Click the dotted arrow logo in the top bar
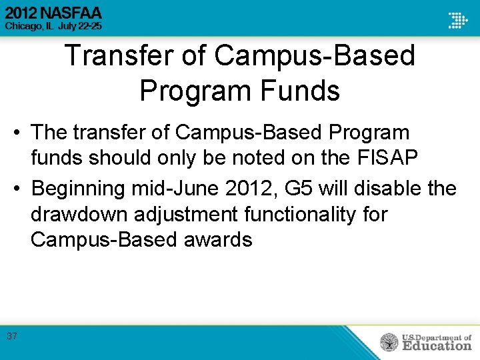pos(457,19)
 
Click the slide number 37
pos(12,336)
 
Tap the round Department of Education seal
pos(389,343)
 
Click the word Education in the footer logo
pos(436,346)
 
